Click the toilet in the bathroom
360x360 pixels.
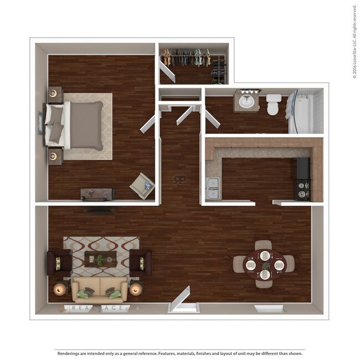coord(272,104)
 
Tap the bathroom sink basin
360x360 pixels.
coord(246,101)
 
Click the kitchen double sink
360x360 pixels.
coord(212,188)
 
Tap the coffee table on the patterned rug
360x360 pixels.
coord(100,258)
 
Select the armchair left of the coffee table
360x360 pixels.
coord(59,262)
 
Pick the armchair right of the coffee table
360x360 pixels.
coord(141,262)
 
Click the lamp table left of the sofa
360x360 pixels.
coord(60,289)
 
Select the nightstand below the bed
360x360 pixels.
coord(54,156)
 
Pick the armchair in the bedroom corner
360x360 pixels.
coord(142,186)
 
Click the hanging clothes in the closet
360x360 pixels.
coord(188,57)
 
